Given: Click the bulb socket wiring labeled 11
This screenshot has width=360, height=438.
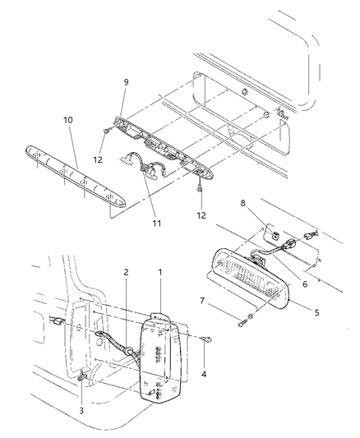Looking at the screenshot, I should (x=152, y=168).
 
